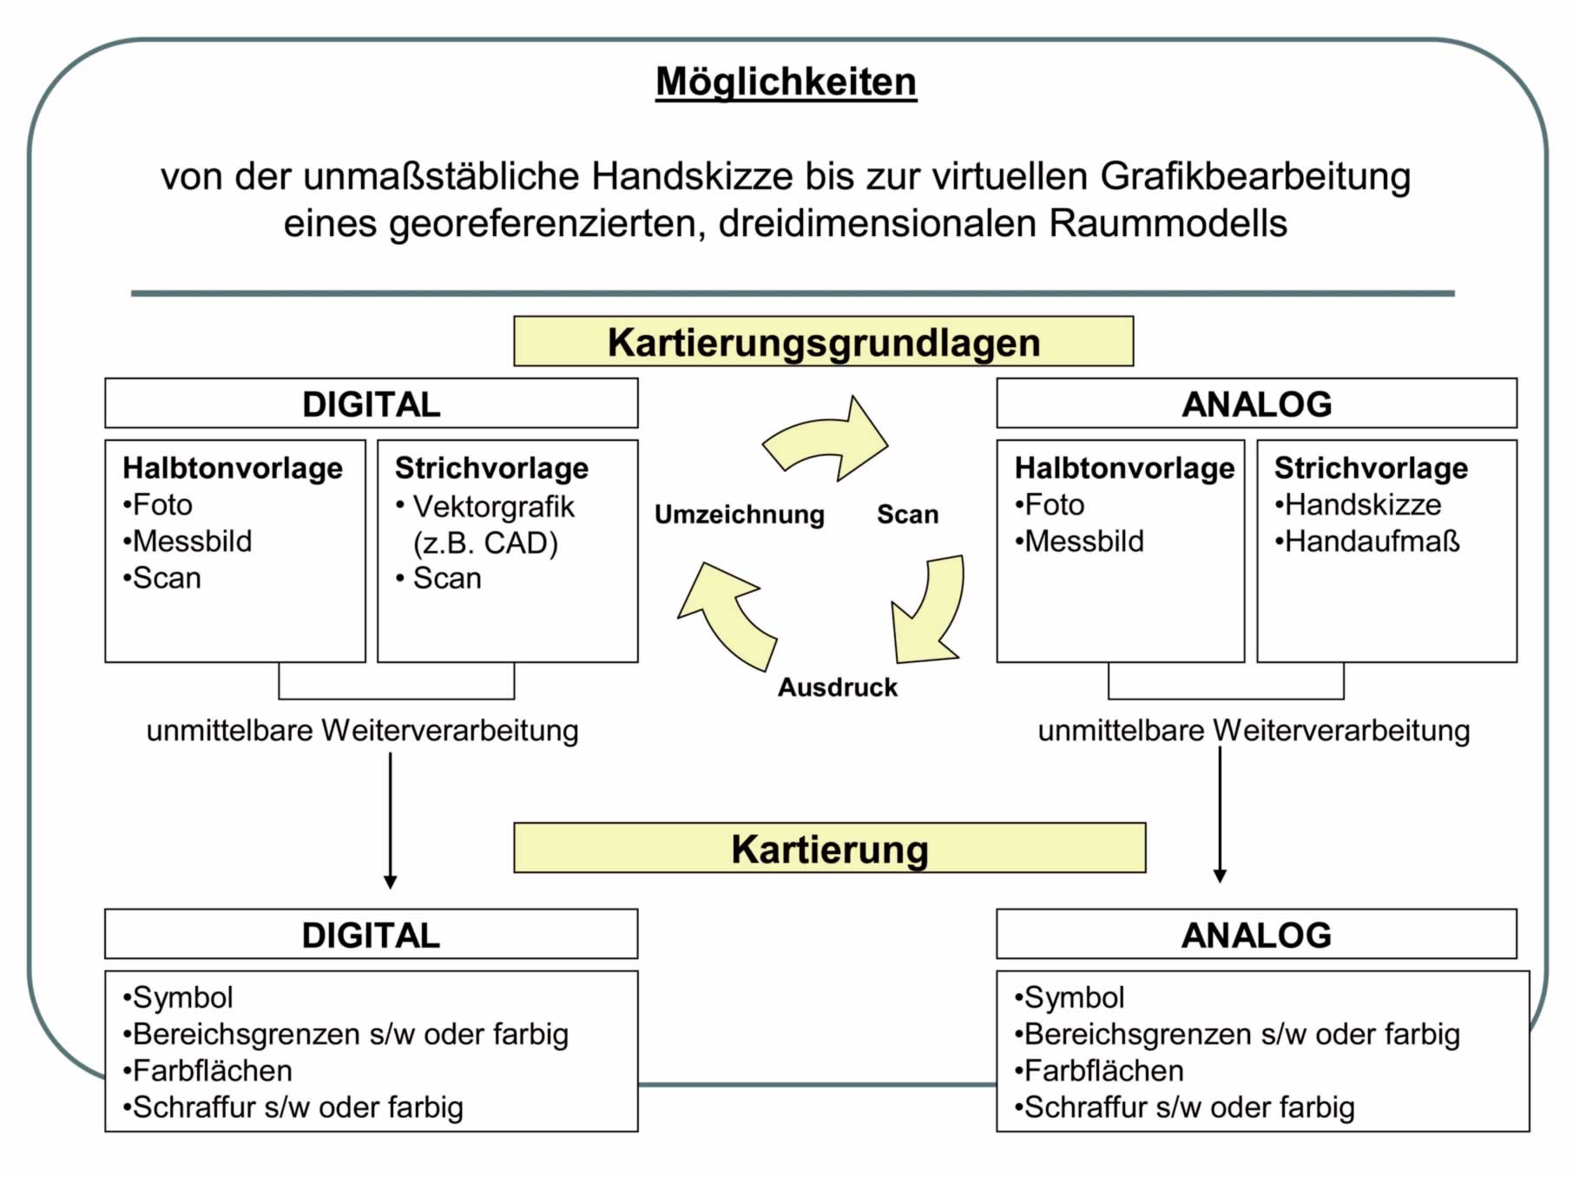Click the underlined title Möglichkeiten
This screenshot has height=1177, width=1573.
[786, 82]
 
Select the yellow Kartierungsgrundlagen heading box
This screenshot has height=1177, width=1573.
[823, 341]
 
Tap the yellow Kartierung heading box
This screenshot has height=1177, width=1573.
[829, 848]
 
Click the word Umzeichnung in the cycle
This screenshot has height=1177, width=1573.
[739, 514]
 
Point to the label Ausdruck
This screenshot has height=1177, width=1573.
[837, 687]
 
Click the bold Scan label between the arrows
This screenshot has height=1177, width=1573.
[907, 514]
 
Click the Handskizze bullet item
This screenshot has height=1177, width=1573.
[1362, 504]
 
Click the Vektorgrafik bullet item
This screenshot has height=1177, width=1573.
[492, 506]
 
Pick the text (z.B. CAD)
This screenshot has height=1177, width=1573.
[485, 542]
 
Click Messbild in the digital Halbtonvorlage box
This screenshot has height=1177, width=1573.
[192, 541]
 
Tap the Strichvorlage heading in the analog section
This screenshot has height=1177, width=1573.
[1371, 468]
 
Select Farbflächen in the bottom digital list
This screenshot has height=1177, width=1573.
[212, 1070]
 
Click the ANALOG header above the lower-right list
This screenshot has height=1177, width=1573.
[1256, 934]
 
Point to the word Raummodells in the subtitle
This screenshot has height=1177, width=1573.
[1168, 223]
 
